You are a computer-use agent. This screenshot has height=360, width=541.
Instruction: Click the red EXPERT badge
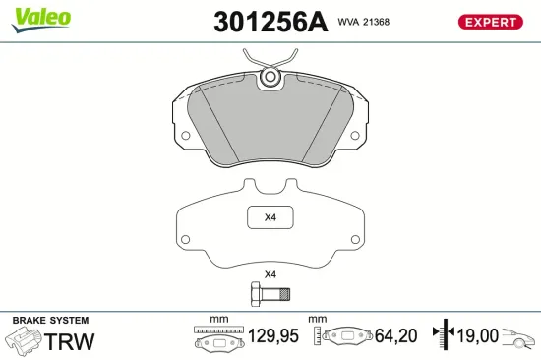point(489,22)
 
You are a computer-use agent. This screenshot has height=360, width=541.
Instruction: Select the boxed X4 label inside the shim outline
point(270,217)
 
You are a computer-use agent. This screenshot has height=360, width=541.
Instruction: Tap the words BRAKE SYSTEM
point(50,321)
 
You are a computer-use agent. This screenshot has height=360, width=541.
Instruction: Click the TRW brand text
point(71,341)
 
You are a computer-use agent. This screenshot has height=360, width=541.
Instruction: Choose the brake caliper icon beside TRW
point(23,341)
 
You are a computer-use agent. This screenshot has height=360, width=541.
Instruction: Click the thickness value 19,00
point(476,336)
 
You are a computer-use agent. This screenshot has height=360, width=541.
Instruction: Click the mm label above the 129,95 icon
point(218,320)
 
